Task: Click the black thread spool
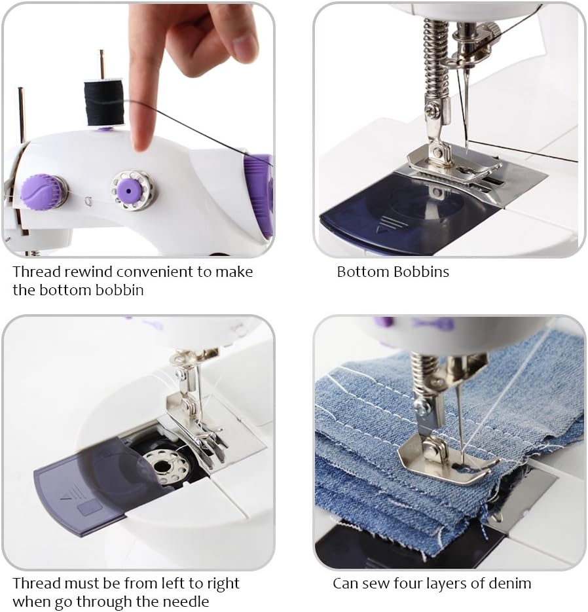pyautogui.click(x=103, y=103)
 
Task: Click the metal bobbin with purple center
pyautogui.click(x=132, y=190)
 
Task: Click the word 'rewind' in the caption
pyautogui.click(x=88, y=272)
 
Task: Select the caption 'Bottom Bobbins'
pyautogui.click(x=393, y=272)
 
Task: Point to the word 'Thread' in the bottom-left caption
pyautogui.click(x=36, y=583)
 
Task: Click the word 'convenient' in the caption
pyautogui.click(x=155, y=272)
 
